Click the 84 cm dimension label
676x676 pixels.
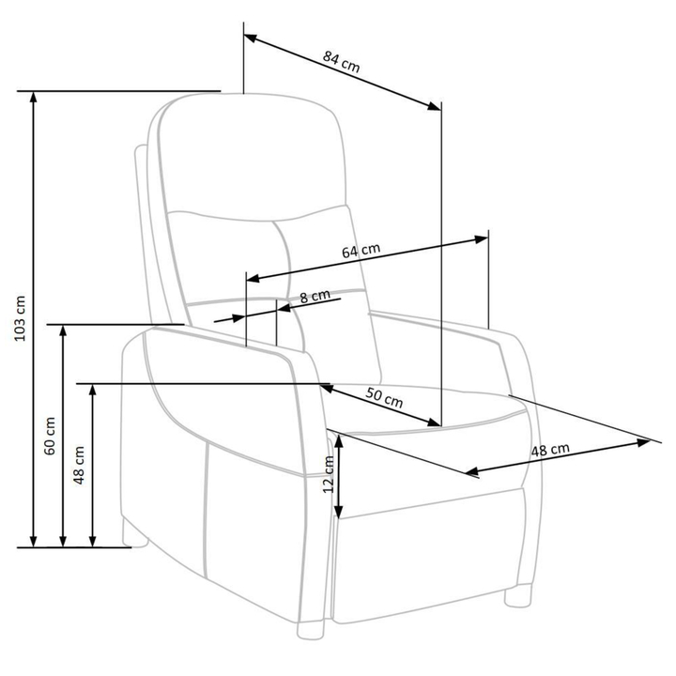coord(341,62)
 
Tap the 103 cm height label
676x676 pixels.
coord(20,318)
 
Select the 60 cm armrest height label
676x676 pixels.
coord(50,436)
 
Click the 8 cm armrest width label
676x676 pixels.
coord(315,297)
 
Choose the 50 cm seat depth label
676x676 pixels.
coord(384,397)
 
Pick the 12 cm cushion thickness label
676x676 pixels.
coord(329,474)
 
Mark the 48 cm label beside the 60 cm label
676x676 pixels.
coord(79,465)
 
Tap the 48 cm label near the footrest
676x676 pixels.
coord(550,450)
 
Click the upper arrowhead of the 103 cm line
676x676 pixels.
coord(33,98)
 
